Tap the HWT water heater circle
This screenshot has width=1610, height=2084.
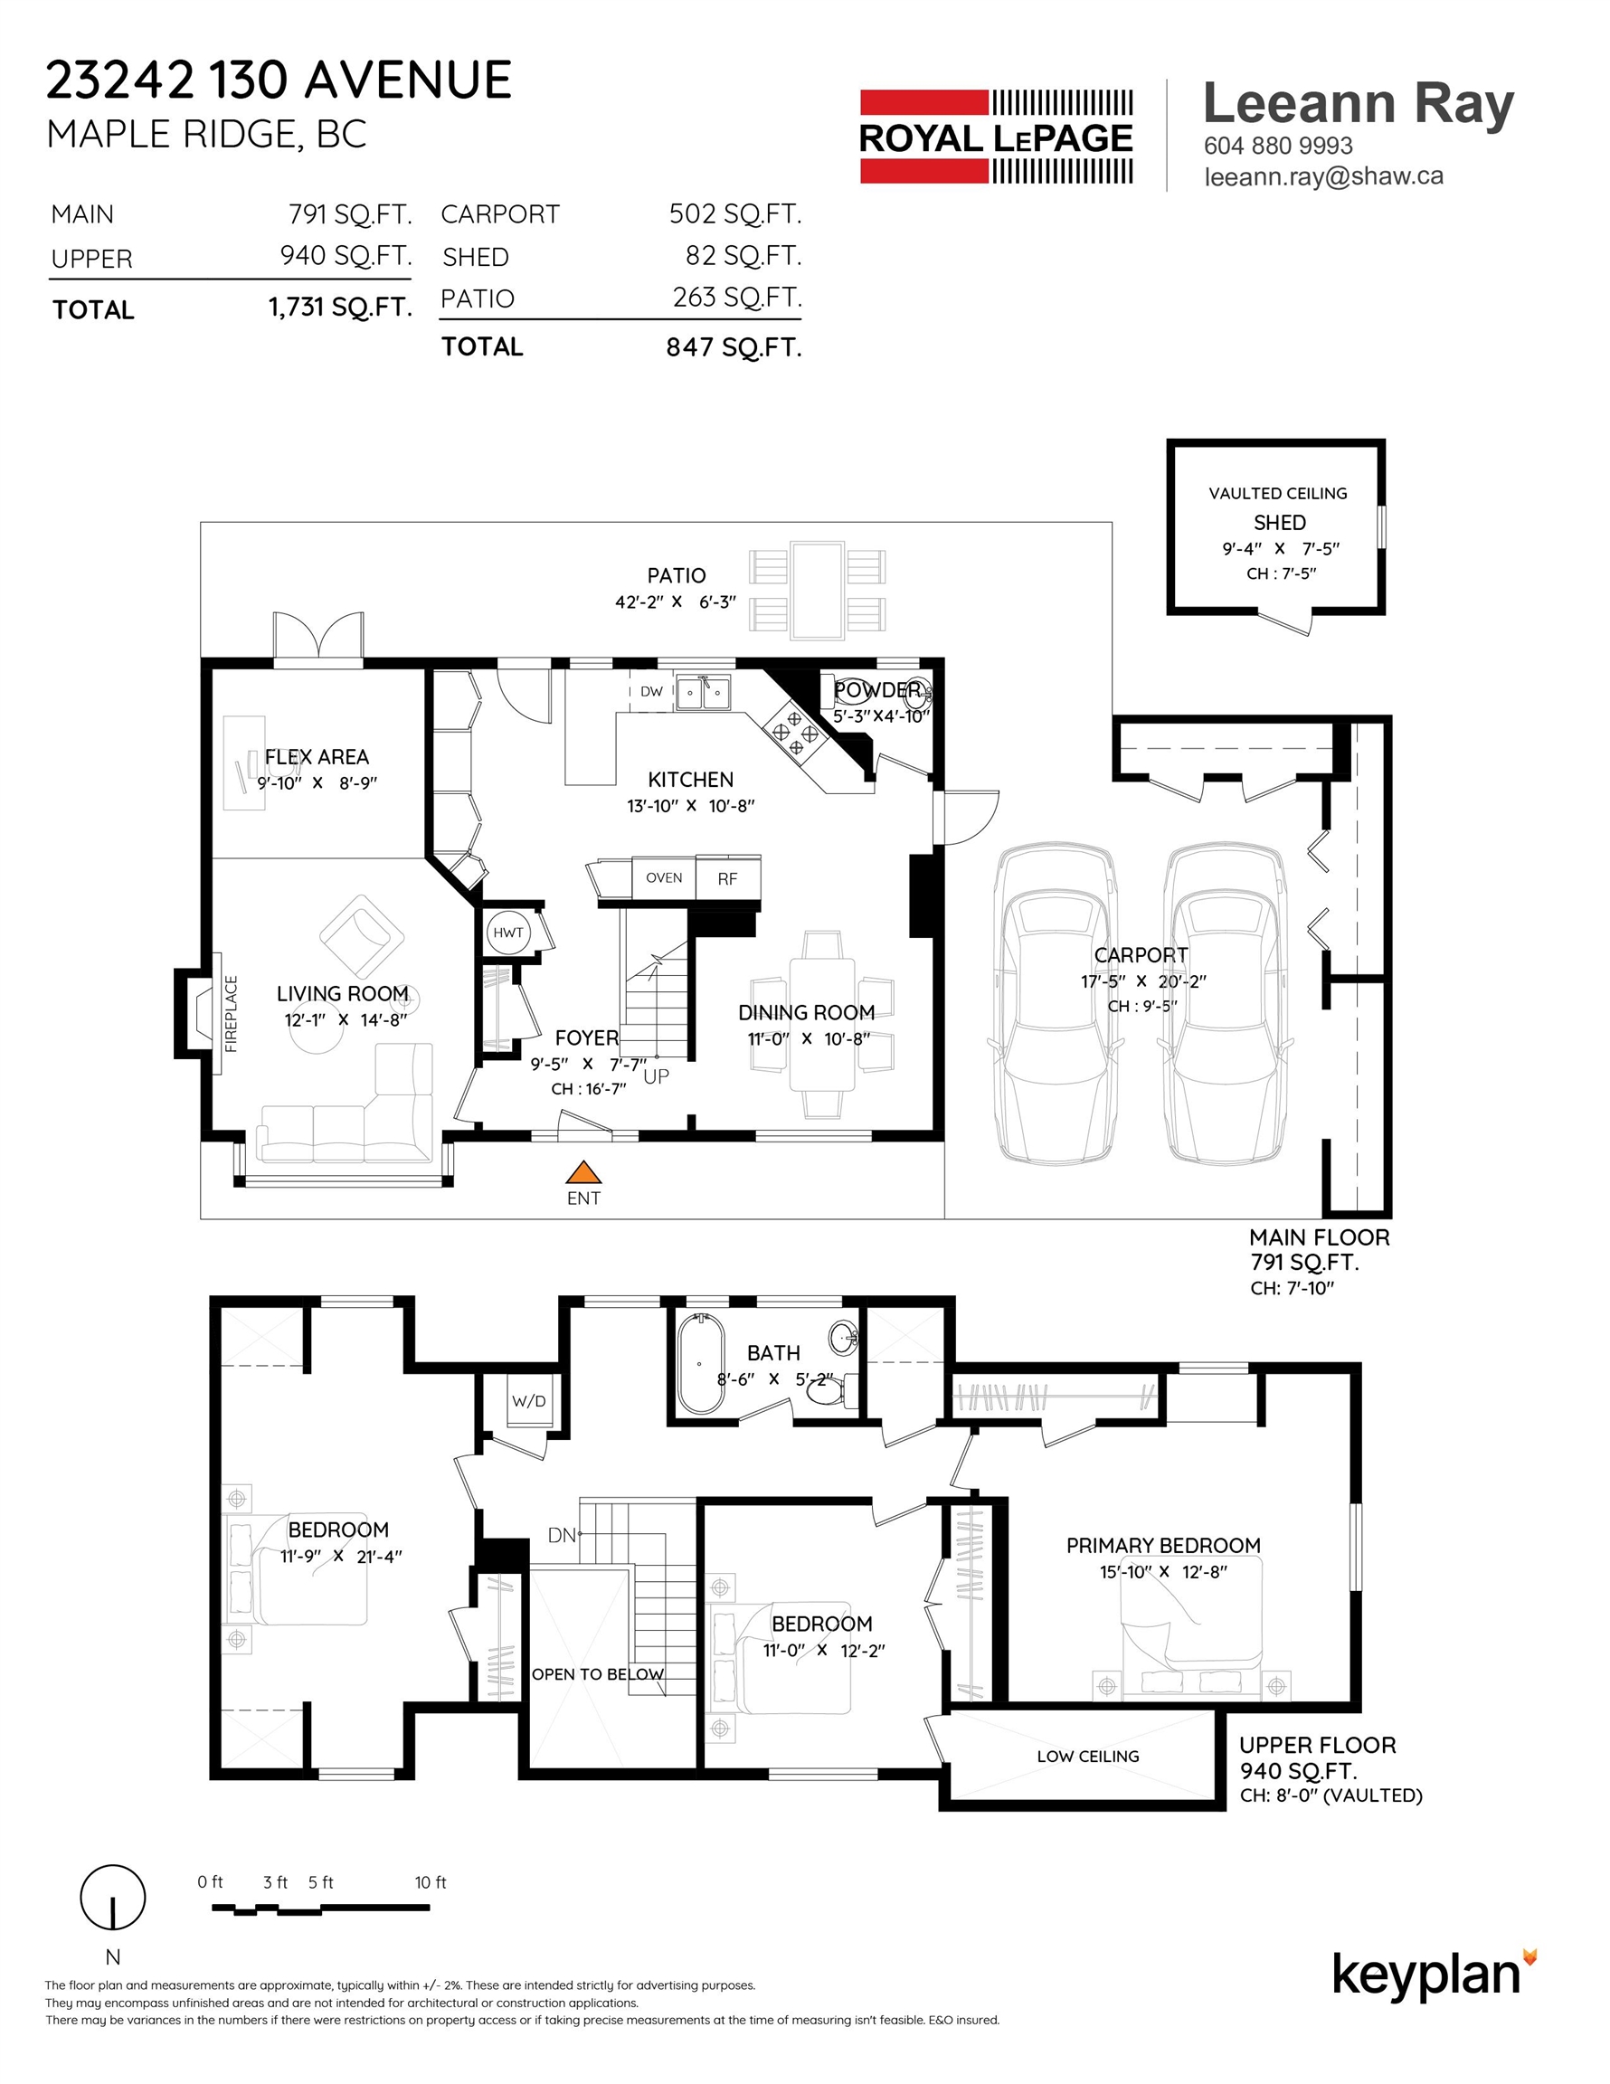coord(507,933)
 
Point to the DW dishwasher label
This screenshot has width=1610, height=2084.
coord(652,692)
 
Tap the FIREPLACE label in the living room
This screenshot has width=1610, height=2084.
coord(231,1013)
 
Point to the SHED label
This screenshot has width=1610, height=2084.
coord(1280,523)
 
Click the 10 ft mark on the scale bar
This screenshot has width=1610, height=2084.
coord(430,1882)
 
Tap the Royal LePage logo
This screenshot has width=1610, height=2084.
coord(997,137)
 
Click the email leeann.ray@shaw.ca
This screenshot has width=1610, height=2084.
coord(1323,176)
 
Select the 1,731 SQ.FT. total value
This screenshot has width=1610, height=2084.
coord(340,308)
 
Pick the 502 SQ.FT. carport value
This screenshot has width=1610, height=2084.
coord(734,213)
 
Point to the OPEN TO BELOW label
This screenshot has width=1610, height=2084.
coord(598,1673)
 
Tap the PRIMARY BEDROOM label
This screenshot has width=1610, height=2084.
coord(1163,1545)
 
